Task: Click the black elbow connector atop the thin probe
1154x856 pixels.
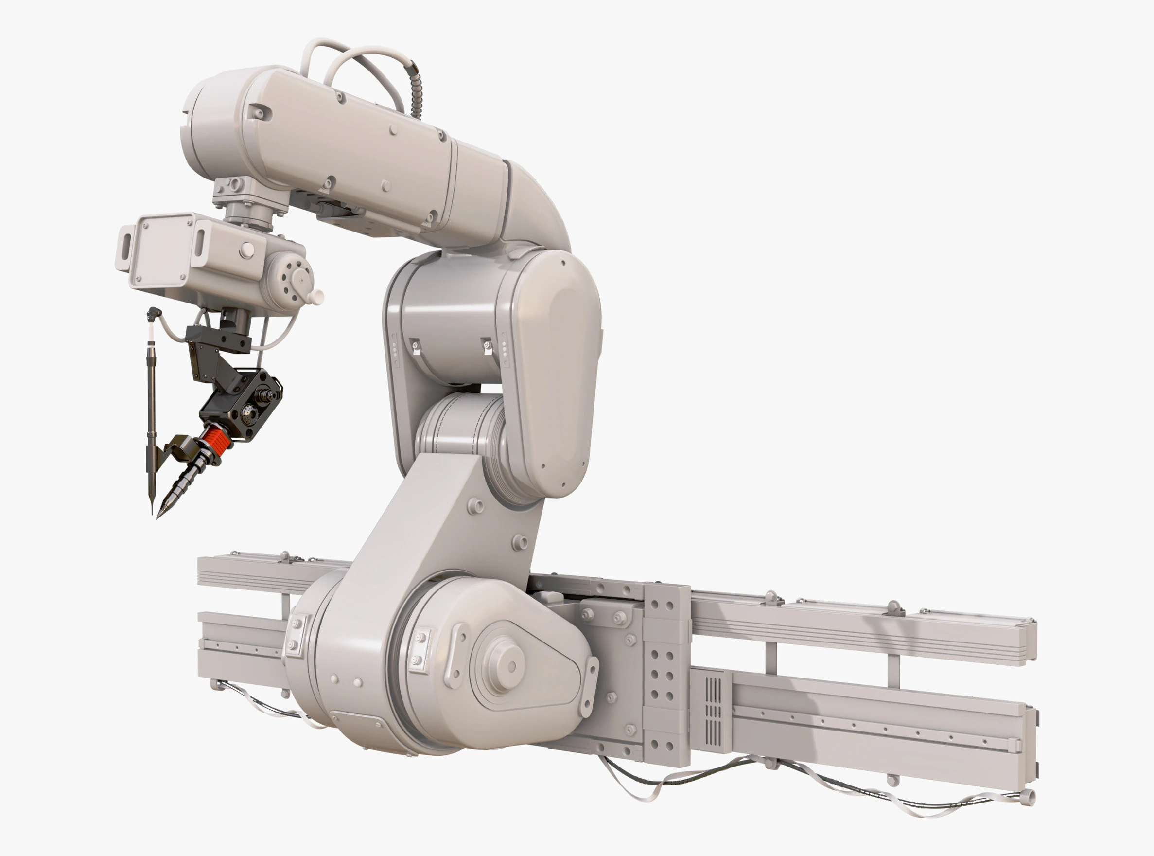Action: click(155, 312)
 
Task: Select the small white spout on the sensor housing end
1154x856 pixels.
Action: click(316, 296)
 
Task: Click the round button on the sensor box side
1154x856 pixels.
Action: click(247, 250)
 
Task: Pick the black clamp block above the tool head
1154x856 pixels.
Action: click(218, 338)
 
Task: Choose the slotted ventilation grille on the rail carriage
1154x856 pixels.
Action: click(713, 710)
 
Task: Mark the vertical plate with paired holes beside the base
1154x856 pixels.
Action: click(666, 674)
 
